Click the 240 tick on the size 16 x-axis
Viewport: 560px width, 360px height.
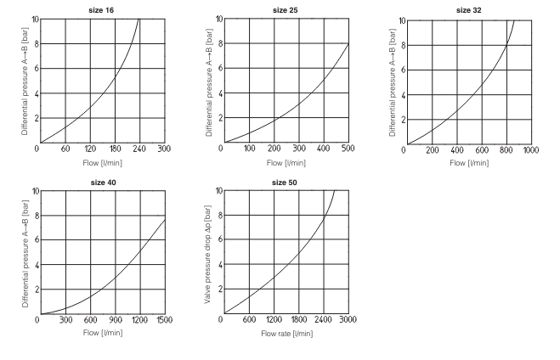coord(139,149)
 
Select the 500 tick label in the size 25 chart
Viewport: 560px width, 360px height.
coord(348,149)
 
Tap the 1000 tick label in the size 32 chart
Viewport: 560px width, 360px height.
coord(531,149)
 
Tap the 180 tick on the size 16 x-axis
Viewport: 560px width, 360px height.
coord(115,149)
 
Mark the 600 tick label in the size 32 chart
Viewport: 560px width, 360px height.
coord(482,149)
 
